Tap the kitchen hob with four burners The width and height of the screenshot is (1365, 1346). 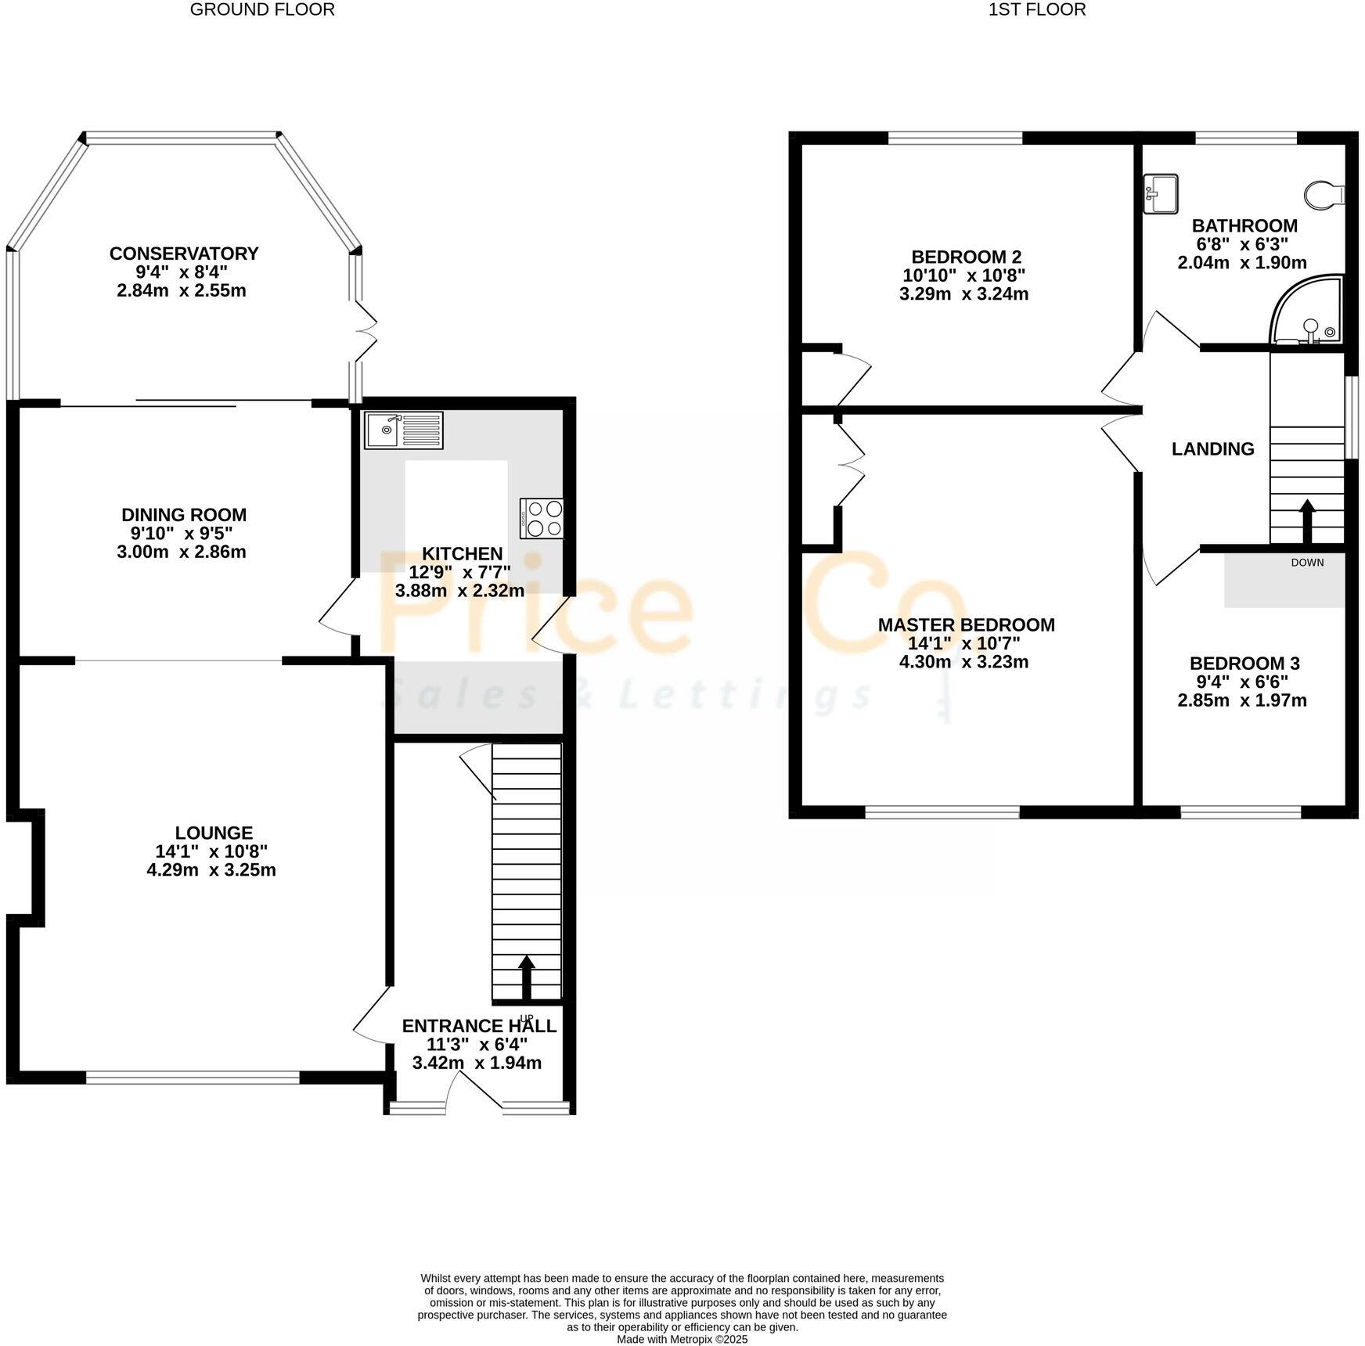[x=542, y=518]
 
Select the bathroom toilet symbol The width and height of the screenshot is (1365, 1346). [x=1325, y=194]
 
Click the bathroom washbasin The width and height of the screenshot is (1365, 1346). [x=1161, y=194]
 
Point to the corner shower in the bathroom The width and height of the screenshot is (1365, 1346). [x=1309, y=313]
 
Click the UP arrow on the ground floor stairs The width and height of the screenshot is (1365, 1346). [x=527, y=977]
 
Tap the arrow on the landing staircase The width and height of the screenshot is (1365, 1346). [x=1307, y=520]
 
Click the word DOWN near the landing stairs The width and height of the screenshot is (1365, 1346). [x=1307, y=562]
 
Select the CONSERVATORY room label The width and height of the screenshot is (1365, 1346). [x=184, y=254]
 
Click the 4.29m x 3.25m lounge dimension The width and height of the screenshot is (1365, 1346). [x=211, y=870]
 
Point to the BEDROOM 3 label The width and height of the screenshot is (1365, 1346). [x=1244, y=664]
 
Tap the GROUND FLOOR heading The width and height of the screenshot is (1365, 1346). [x=262, y=10]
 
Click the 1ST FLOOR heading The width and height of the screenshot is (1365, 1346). [x=1037, y=10]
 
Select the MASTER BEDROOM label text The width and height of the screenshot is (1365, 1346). [x=966, y=625]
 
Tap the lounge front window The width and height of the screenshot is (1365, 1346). [x=193, y=1078]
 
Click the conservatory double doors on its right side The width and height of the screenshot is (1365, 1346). [x=364, y=331]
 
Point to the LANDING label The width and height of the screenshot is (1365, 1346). [x=1212, y=449]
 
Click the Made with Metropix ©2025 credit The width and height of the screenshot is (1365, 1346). [x=682, y=1339]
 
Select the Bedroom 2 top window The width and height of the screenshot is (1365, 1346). [x=956, y=139]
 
